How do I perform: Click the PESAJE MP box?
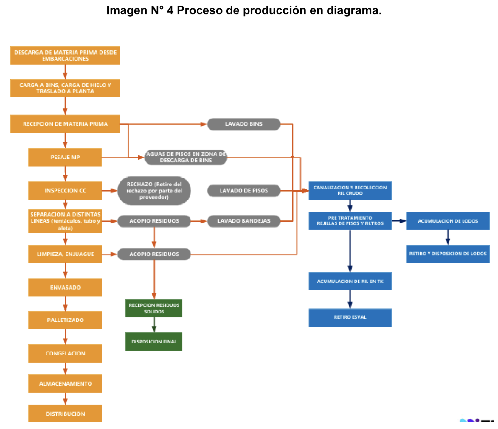pos(65,157)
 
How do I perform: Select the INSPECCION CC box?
pos(65,190)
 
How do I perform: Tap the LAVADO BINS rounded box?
pos(243,124)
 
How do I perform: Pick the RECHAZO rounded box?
pos(154,191)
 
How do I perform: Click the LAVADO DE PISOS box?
pos(243,191)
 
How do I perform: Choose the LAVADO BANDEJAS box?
pos(243,221)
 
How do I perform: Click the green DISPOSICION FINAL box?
pos(154,341)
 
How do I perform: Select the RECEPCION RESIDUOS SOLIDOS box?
pos(154,308)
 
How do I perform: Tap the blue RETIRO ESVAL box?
pos(350,317)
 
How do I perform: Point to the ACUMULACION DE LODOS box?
pos(448,221)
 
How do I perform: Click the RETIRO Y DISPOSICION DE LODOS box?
pos(448,254)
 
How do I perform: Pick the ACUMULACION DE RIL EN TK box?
pos(350,281)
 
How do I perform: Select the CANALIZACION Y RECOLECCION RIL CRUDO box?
pos(350,190)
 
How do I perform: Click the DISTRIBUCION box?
pos(65,414)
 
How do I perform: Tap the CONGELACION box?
pos(65,353)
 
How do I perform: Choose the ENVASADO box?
pos(65,287)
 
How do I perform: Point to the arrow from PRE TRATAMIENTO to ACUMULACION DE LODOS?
pos(399,221)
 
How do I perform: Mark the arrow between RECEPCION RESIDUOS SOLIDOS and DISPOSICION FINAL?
pos(154,325)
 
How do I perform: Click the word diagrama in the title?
pos(354,10)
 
